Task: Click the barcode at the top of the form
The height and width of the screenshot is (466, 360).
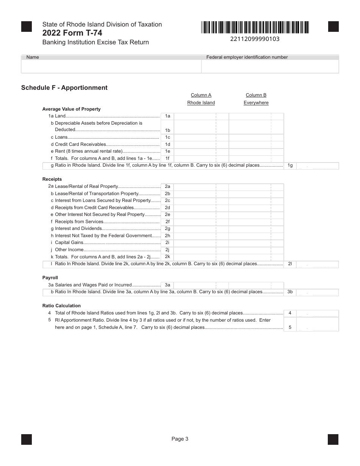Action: [x=255, y=28]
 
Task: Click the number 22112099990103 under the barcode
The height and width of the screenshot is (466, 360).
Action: [x=255, y=39]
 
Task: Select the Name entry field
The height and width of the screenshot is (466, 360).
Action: [x=111, y=66]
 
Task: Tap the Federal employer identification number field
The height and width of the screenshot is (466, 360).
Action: [x=270, y=66]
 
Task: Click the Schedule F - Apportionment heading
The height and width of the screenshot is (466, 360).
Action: [x=64, y=88]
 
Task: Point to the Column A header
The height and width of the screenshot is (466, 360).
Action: [x=201, y=95]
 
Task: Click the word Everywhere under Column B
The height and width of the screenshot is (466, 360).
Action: [x=256, y=103]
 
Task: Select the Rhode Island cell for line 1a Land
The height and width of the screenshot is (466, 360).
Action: [x=201, y=116]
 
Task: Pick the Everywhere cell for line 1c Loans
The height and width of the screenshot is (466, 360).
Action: [x=256, y=137]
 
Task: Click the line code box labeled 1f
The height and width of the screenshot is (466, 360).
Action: [x=167, y=159]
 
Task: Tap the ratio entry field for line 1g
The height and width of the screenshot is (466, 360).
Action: [x=317, y=166]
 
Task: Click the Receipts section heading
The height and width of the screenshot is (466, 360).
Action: [x=52, y=179]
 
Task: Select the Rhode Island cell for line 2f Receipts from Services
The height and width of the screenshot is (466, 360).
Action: [x=201, y=222]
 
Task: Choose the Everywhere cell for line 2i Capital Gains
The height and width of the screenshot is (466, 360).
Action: [x=256, y=242]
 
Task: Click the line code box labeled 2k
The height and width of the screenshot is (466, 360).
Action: [x=167, y=256]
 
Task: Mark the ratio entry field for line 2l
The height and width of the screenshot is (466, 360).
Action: [x=317, y=264]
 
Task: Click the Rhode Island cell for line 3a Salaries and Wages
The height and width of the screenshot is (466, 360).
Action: [x=201, y=285]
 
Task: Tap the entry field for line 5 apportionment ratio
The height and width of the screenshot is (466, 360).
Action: [x=317, y=324]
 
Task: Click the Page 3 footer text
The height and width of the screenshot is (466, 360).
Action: [x=180, y=439]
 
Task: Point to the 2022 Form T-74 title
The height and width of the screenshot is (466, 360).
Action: [x=72, y=33]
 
